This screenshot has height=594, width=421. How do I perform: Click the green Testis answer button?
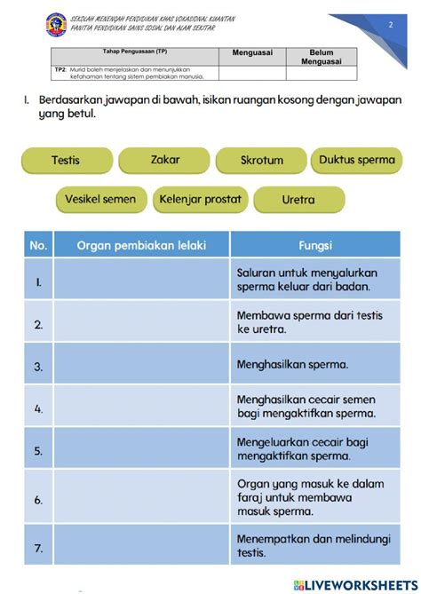pyautogui.click(x=66, y=161)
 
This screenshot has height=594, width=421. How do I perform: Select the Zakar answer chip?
pyautogui.click(x=164, y=160)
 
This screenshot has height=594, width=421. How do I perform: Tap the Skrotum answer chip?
pyautogui.click(x=261, y=161)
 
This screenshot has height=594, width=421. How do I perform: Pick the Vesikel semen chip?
pyautogui.click(x=100, y=200)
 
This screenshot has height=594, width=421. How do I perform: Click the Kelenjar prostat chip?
pyautogui.click(x=200, y=200)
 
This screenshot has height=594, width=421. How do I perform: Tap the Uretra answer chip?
pyautogui.click(x=298, y=200)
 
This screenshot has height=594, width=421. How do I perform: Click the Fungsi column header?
pyautogui.click(x=314, y=244)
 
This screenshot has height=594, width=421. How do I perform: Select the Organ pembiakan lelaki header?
pyautogui.click(x=141, y=244)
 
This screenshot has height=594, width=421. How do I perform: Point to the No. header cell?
pyautogui.click(x=38, y=244)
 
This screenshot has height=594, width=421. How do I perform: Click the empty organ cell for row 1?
pyautogui.click(x=141, y=280)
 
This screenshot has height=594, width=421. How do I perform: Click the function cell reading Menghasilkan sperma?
pyautogui.click(x=314, y=365)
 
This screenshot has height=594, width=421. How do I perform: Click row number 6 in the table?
pyautogui.click(x=38, y=499)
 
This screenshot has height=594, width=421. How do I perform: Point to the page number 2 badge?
pyautogui.click(x=390, y=27)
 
